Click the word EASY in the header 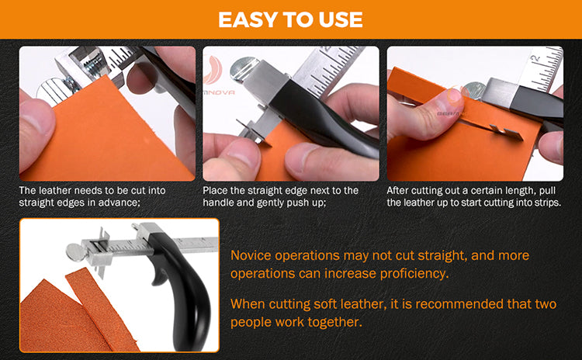[248, 19]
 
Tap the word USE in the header [341, 19]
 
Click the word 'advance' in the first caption [119, 202]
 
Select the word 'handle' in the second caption [216, 202]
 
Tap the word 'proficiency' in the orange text [414, 274]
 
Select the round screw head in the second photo [242, 67]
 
